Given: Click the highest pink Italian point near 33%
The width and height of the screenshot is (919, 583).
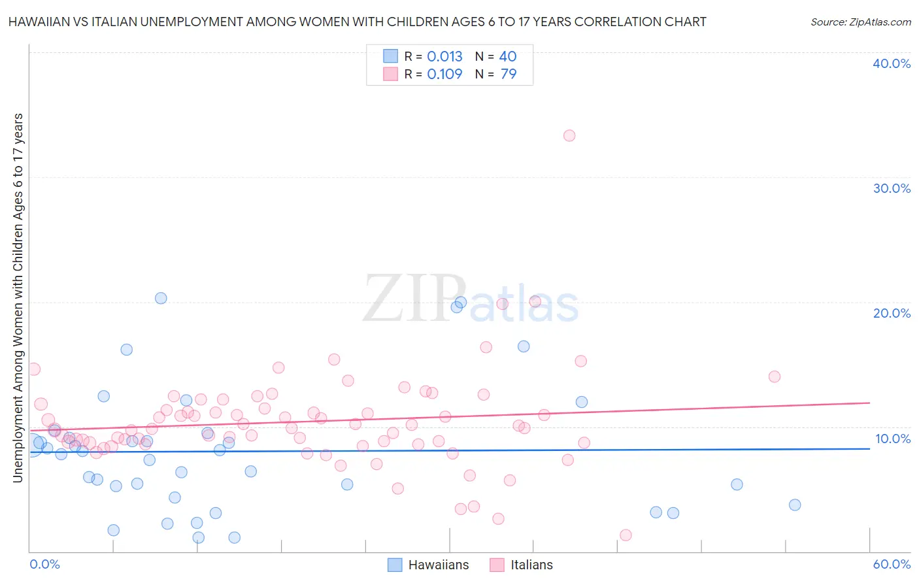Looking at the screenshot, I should (569, 136).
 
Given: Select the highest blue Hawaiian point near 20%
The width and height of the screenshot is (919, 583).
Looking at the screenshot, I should (161, 298).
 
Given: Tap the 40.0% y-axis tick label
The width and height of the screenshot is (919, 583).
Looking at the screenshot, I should (892, 63).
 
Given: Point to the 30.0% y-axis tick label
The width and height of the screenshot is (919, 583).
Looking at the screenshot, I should (892, 188).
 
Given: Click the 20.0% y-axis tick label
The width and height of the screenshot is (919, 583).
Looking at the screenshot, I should (892, 313).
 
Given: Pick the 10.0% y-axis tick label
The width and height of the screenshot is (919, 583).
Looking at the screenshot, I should (892, 439).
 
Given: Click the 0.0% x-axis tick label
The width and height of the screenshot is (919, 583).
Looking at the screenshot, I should (44, 564).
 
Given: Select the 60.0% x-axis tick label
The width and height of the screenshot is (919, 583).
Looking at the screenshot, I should (892, 564).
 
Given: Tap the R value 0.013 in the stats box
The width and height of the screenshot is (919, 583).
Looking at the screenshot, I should (444, 57).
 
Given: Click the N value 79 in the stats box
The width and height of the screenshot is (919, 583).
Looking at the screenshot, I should (509, 75).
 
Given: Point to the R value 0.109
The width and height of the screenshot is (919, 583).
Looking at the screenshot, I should (444, 75).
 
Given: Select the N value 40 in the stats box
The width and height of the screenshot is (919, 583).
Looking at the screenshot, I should (508, 57).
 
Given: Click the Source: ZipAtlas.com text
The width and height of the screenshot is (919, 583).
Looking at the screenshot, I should (860, 22).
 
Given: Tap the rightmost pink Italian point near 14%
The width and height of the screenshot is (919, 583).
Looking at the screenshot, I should (775, 376).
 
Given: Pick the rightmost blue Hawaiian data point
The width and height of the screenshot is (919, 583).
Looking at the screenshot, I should (795, 505).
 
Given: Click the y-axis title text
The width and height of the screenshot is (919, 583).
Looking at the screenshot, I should (18, 298).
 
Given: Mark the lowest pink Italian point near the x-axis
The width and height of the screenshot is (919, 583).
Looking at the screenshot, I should (626, 535).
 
